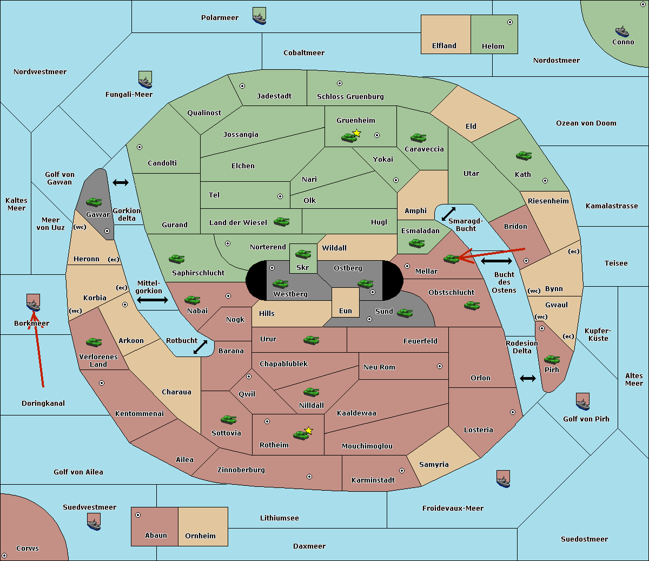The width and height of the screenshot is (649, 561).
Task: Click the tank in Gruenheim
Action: click(349, 137)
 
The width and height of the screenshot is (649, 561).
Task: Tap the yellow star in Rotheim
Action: click(309, 430)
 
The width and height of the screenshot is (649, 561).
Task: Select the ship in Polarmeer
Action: click(260, 16)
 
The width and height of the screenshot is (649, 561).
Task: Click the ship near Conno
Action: click(622, 31)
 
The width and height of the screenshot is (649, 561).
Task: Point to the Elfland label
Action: click(444, 46)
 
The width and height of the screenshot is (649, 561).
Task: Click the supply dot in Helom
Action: click(510, 22)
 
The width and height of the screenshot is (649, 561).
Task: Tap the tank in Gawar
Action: click(94, 202)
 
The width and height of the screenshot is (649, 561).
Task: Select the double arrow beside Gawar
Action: click(121, 182)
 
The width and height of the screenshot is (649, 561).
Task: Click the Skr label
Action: click(303, 267)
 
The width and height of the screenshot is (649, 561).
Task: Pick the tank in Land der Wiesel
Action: click(282, 222)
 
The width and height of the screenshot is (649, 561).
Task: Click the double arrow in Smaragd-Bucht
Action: click(448, 214)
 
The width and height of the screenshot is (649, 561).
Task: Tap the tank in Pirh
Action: click(552, 359)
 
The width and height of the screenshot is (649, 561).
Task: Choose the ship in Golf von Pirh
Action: click(583, 401)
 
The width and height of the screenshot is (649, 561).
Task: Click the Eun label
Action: click(346, 311)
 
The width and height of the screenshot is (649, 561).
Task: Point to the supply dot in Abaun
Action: click(138, 515)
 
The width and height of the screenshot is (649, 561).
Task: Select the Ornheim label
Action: click(200, 536)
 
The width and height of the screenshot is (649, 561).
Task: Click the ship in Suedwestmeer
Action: click(94, 522)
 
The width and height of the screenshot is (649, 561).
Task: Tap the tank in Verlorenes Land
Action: click(94, 342)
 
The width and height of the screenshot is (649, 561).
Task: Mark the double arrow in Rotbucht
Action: click(200, 347)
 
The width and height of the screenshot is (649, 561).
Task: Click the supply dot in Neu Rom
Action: click(440, 366)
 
